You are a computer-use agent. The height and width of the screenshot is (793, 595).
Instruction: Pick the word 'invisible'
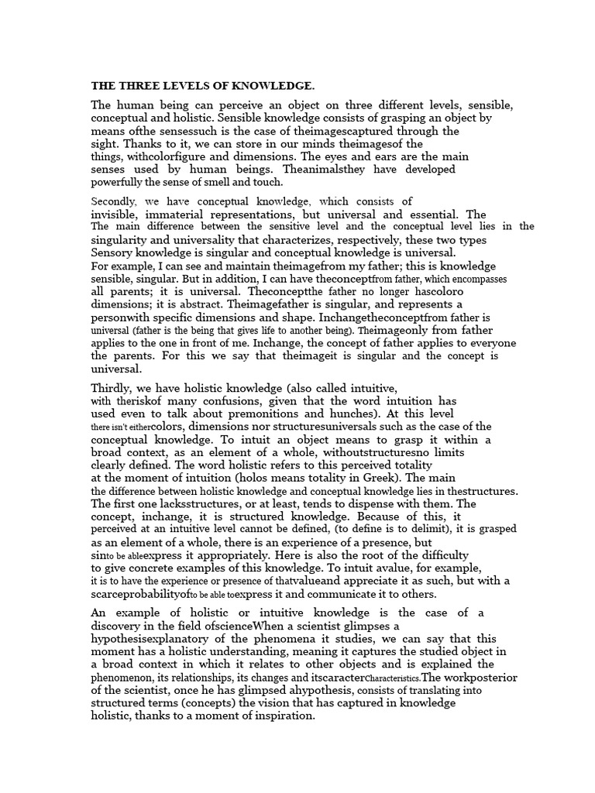pyautogui.click(x=115, y=215)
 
